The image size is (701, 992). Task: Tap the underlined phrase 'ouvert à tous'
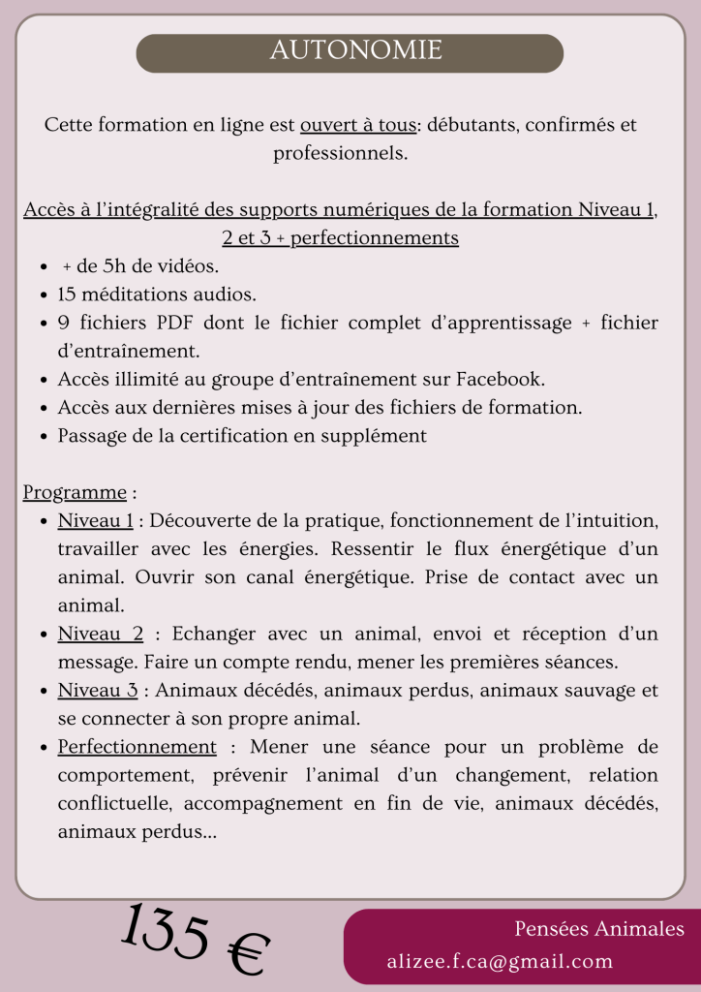pyautogui.click(x=358, y=125)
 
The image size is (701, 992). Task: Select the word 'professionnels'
pyautogui.click(x=340, y=153)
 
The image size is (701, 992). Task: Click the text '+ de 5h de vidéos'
pyautogui.click(x=140, y=265)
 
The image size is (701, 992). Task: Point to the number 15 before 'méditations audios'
pyautogui.click(x=67, y=294)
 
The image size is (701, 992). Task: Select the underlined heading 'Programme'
pyautogui.click(x=75, y=492)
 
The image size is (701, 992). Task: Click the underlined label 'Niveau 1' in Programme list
pyautogui.click(x=96, y=521)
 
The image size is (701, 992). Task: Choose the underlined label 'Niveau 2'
pyautogui.click(x=101, y=634)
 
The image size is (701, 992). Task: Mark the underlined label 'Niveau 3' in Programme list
pyautogui.click(x=97, y=691)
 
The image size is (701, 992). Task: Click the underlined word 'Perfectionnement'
pyautogui.click(x=137, y=747)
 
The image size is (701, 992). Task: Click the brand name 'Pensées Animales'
pyautogui.click(x=599, y=929)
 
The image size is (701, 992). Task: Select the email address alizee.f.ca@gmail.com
pyautogui.click(x=500, y=961)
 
